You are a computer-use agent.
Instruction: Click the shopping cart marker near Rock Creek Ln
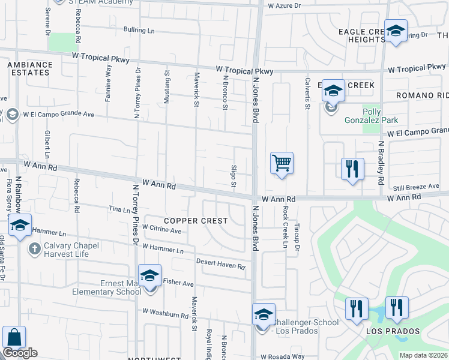(282, 163)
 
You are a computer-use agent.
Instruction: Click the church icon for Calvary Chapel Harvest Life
(34, 248)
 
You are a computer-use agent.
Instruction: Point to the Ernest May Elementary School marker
(149, 275)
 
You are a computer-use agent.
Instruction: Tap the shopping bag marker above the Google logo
(13, 337)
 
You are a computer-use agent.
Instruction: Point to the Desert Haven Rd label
(221, 263)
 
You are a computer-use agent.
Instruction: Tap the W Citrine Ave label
(161, 229)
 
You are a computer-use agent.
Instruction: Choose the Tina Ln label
(119, 209)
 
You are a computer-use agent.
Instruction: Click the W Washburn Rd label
(165, 314)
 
